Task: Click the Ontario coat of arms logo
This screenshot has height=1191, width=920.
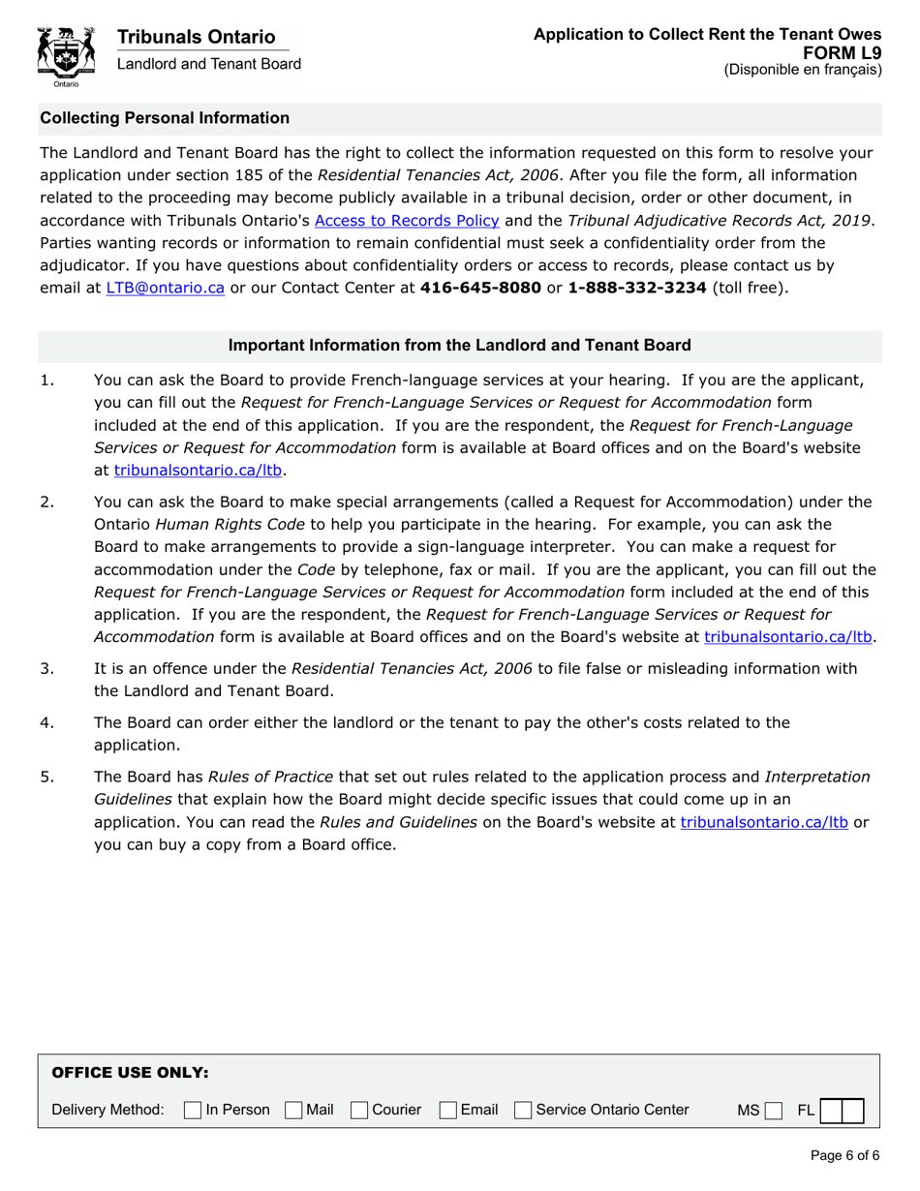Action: click(x=66, y=56)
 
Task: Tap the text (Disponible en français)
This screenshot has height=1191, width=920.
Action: click(x=803, y=70)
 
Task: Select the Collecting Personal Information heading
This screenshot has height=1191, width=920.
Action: click(x=165, y=118)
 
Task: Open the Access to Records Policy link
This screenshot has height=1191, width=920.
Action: click(x=407, y=220)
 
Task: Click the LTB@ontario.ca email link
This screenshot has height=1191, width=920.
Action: click(x=166, y=287)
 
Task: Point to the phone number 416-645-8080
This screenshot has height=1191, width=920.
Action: click(x=480, y=287)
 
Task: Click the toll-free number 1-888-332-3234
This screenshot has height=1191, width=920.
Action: click(x=636, y=287)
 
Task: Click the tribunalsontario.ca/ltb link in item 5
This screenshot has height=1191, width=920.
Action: click(x=764, y=822)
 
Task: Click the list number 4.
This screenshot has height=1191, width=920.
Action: click(x=46, y=722)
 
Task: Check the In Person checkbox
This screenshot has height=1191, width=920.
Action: click(x=193, y=1110)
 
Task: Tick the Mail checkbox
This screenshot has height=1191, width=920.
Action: click(x=293, y=1110)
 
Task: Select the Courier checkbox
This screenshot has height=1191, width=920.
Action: click(x=360, y=1110)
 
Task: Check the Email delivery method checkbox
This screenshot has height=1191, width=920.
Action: click(x=448, y=1110)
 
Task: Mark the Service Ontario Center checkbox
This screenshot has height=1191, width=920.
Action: click(x=524, y=1110)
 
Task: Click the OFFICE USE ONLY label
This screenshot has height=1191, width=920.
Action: click(x=130, y=1073)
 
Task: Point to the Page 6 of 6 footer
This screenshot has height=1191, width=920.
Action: click(x=844, y=1155)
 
